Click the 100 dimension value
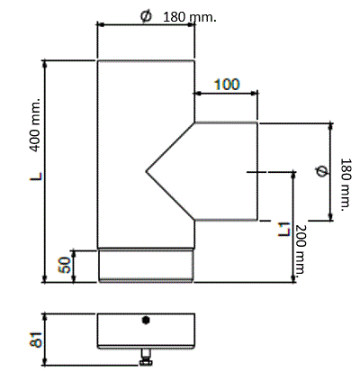227,85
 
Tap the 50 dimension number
65,265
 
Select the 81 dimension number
36,340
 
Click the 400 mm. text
35,124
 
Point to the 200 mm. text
300,249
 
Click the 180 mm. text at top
189,17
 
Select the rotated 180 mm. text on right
346,185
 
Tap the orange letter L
36,177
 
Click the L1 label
283,230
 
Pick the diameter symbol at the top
146,16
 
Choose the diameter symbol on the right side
321,171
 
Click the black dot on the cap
146,321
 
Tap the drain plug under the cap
146,358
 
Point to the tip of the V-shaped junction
146,172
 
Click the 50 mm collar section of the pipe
146,266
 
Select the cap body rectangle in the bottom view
146,331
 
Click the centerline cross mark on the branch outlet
256,172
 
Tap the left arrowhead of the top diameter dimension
100,25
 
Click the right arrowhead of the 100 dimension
254,94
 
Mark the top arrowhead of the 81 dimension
45,317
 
